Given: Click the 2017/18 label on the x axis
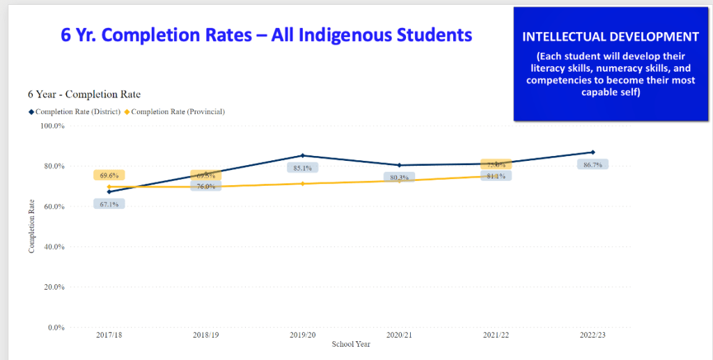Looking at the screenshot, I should (x=109, y=336).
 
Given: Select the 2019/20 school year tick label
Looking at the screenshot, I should (x=302, y=336).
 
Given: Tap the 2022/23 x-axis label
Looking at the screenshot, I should (x=593, y=336).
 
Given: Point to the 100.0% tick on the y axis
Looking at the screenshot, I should (x=52, y=126).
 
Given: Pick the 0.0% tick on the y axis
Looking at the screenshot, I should (x=56, y=327).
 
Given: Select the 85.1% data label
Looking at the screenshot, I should (x=302, y=168).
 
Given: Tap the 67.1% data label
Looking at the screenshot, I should (x=109, y=204).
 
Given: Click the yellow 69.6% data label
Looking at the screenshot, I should (x=109, y=175).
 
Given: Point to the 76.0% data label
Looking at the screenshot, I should (x=205, y=186).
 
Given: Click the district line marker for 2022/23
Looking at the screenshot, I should (x=593, y=152).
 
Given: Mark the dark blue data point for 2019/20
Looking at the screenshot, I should (x=302, y=155).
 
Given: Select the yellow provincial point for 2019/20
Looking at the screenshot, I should (x=302, y=183).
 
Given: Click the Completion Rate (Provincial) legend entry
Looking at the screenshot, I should (x=178, y=111).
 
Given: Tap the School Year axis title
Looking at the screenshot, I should (x=351, y=344).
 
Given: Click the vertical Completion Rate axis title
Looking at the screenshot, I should (x=31, y=226).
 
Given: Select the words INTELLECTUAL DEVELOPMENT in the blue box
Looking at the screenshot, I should (x=610, y=36).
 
